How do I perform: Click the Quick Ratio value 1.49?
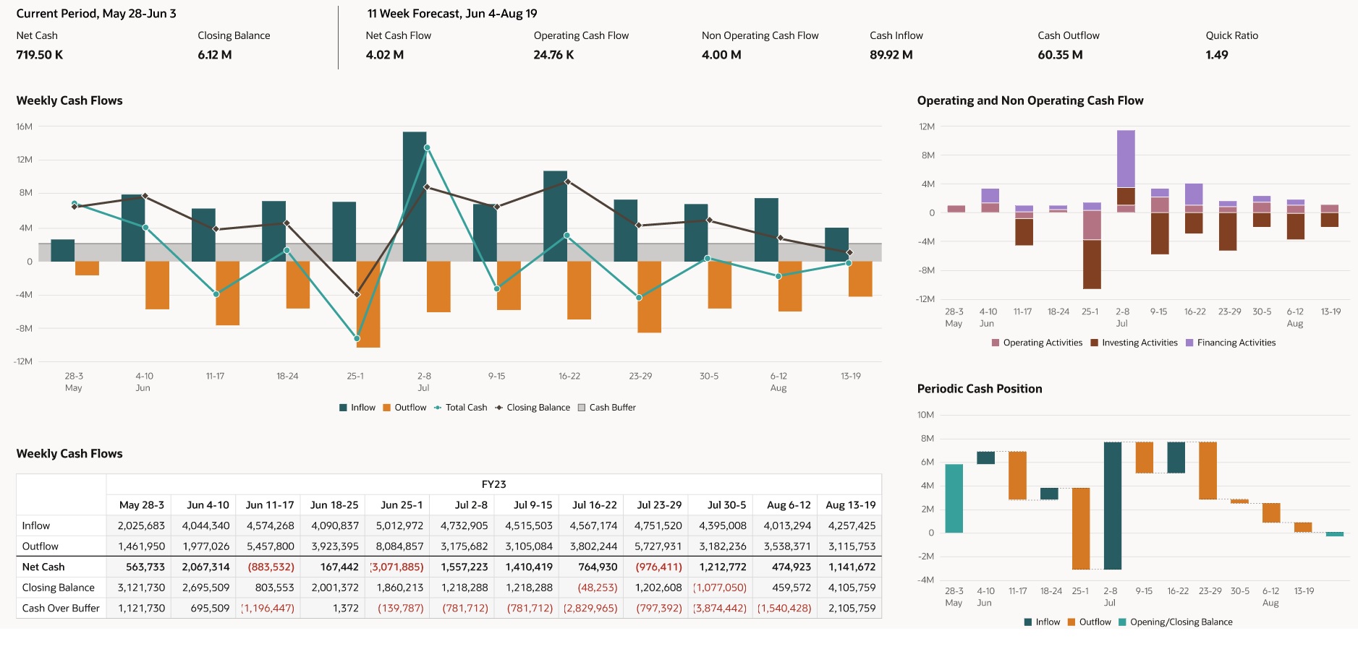tap(1216, 55)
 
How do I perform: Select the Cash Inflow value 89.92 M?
tap(891, 55)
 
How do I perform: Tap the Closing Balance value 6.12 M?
tap(214, 55)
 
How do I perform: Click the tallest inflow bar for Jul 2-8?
tap(415, 195)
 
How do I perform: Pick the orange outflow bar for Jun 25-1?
tap(368, 304)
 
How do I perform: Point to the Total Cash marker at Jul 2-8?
tap(427, 147)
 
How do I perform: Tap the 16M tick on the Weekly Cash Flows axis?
tap(25, 126)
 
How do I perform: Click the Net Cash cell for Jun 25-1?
tap(397, 567)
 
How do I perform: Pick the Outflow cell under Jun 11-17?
tap(270, 546)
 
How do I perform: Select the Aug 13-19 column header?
tap(850, 505)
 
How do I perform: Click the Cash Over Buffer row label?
tap(61, 608)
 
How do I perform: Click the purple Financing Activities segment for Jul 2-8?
tap(1126, 159)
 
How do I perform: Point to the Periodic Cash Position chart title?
tap(979, 389)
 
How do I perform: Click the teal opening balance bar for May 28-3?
tap(954, 499)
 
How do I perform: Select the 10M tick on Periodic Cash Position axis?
tap(925, 415)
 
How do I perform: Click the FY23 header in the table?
tap(493, 484)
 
